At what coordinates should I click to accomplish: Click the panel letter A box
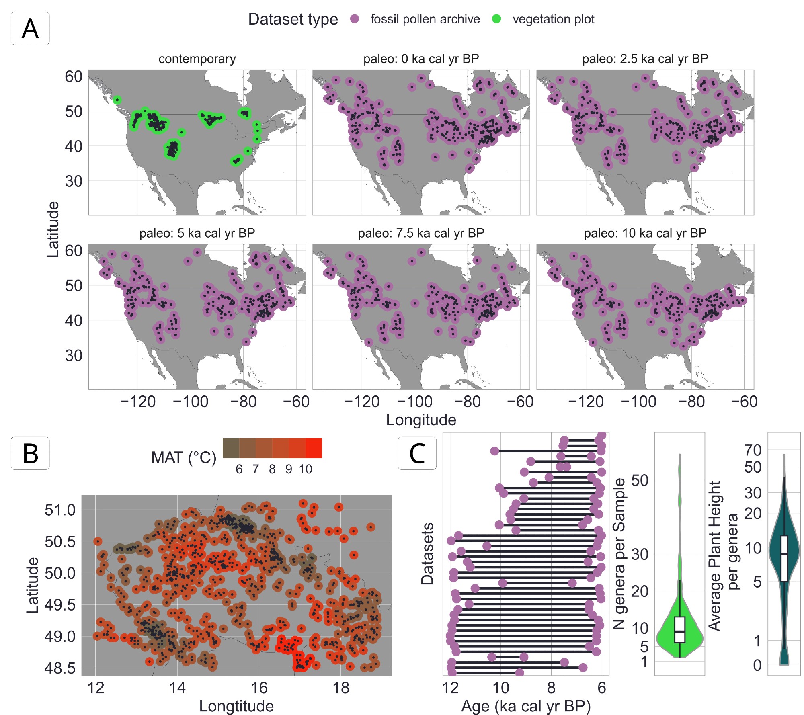[x=30, y=29]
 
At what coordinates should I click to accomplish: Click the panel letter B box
[x=30, y=453]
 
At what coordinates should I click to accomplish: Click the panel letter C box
[x=417, y=453]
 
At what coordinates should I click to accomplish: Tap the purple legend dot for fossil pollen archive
[x=355, y=19]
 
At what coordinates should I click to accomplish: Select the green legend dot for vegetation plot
[x=496, y=19]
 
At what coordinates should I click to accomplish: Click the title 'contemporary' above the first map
[x=197, y=59]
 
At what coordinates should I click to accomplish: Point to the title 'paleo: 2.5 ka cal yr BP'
[x=645, y=59]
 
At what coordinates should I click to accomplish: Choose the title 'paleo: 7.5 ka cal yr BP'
[x=421, y=233]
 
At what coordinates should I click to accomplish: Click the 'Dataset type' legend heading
[x=293, y=19]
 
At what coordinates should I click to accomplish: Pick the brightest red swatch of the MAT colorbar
[x=314, y=448]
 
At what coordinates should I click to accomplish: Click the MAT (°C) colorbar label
[x=184, y=457]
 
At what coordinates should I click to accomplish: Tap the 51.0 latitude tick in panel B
[x=60, y=510]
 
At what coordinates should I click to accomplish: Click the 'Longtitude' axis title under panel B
[x=236, y=706]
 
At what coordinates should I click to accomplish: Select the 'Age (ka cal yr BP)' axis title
[x=526, y=706]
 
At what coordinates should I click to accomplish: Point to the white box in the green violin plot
[x=679, y=630]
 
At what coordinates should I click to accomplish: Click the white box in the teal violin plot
[x=784, y=558]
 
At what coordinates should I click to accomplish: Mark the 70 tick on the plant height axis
[x=753, y=450]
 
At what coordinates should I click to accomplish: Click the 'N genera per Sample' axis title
[x=619, y=554]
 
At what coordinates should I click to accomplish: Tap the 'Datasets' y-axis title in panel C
[x=427, y=554]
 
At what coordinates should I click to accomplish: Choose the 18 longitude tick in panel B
[x=341, y=688]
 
